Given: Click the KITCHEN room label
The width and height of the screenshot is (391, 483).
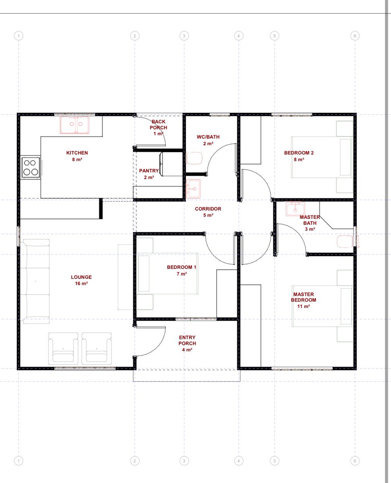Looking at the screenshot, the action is pos(77,153).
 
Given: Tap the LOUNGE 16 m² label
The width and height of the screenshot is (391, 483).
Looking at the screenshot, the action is pos(81,280).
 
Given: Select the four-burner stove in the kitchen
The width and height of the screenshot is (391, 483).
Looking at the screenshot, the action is pos(31,167).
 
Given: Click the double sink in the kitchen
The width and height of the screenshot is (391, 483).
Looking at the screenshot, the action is pos(74,125).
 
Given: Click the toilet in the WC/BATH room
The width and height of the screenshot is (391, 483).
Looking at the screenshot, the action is pos(194,158).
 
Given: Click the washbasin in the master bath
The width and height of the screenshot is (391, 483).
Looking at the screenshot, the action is pos(295,209).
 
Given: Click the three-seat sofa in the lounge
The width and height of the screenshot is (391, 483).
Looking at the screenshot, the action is pos(35,281).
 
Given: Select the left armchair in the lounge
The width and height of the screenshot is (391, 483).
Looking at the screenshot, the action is pos(63,348).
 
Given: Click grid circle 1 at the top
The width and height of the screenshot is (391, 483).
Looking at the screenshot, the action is pos(19,36).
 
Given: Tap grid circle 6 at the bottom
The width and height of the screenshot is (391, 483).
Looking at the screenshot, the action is pos(355,461).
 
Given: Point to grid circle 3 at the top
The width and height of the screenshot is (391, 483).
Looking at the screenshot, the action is pos(184,36).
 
